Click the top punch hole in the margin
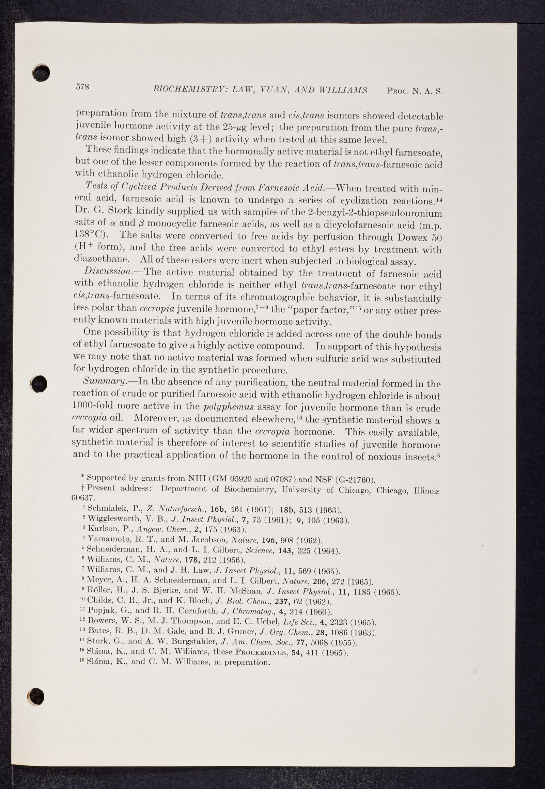coord(41,72)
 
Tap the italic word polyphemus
coord(229,407)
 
